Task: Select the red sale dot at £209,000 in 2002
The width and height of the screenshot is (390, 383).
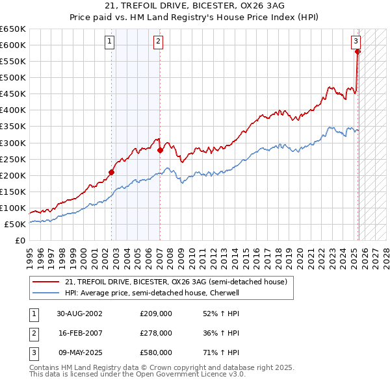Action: (x=111, y=172)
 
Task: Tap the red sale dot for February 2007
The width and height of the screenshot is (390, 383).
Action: (x=160, y=150)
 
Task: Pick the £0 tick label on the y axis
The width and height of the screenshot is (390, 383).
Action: (x=19, y=241)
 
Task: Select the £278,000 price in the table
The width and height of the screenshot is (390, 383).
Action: (x=156, y=333)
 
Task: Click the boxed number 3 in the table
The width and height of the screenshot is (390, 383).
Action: (x=32, y=352)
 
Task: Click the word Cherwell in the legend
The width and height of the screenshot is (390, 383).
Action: (x=224, y=293)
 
